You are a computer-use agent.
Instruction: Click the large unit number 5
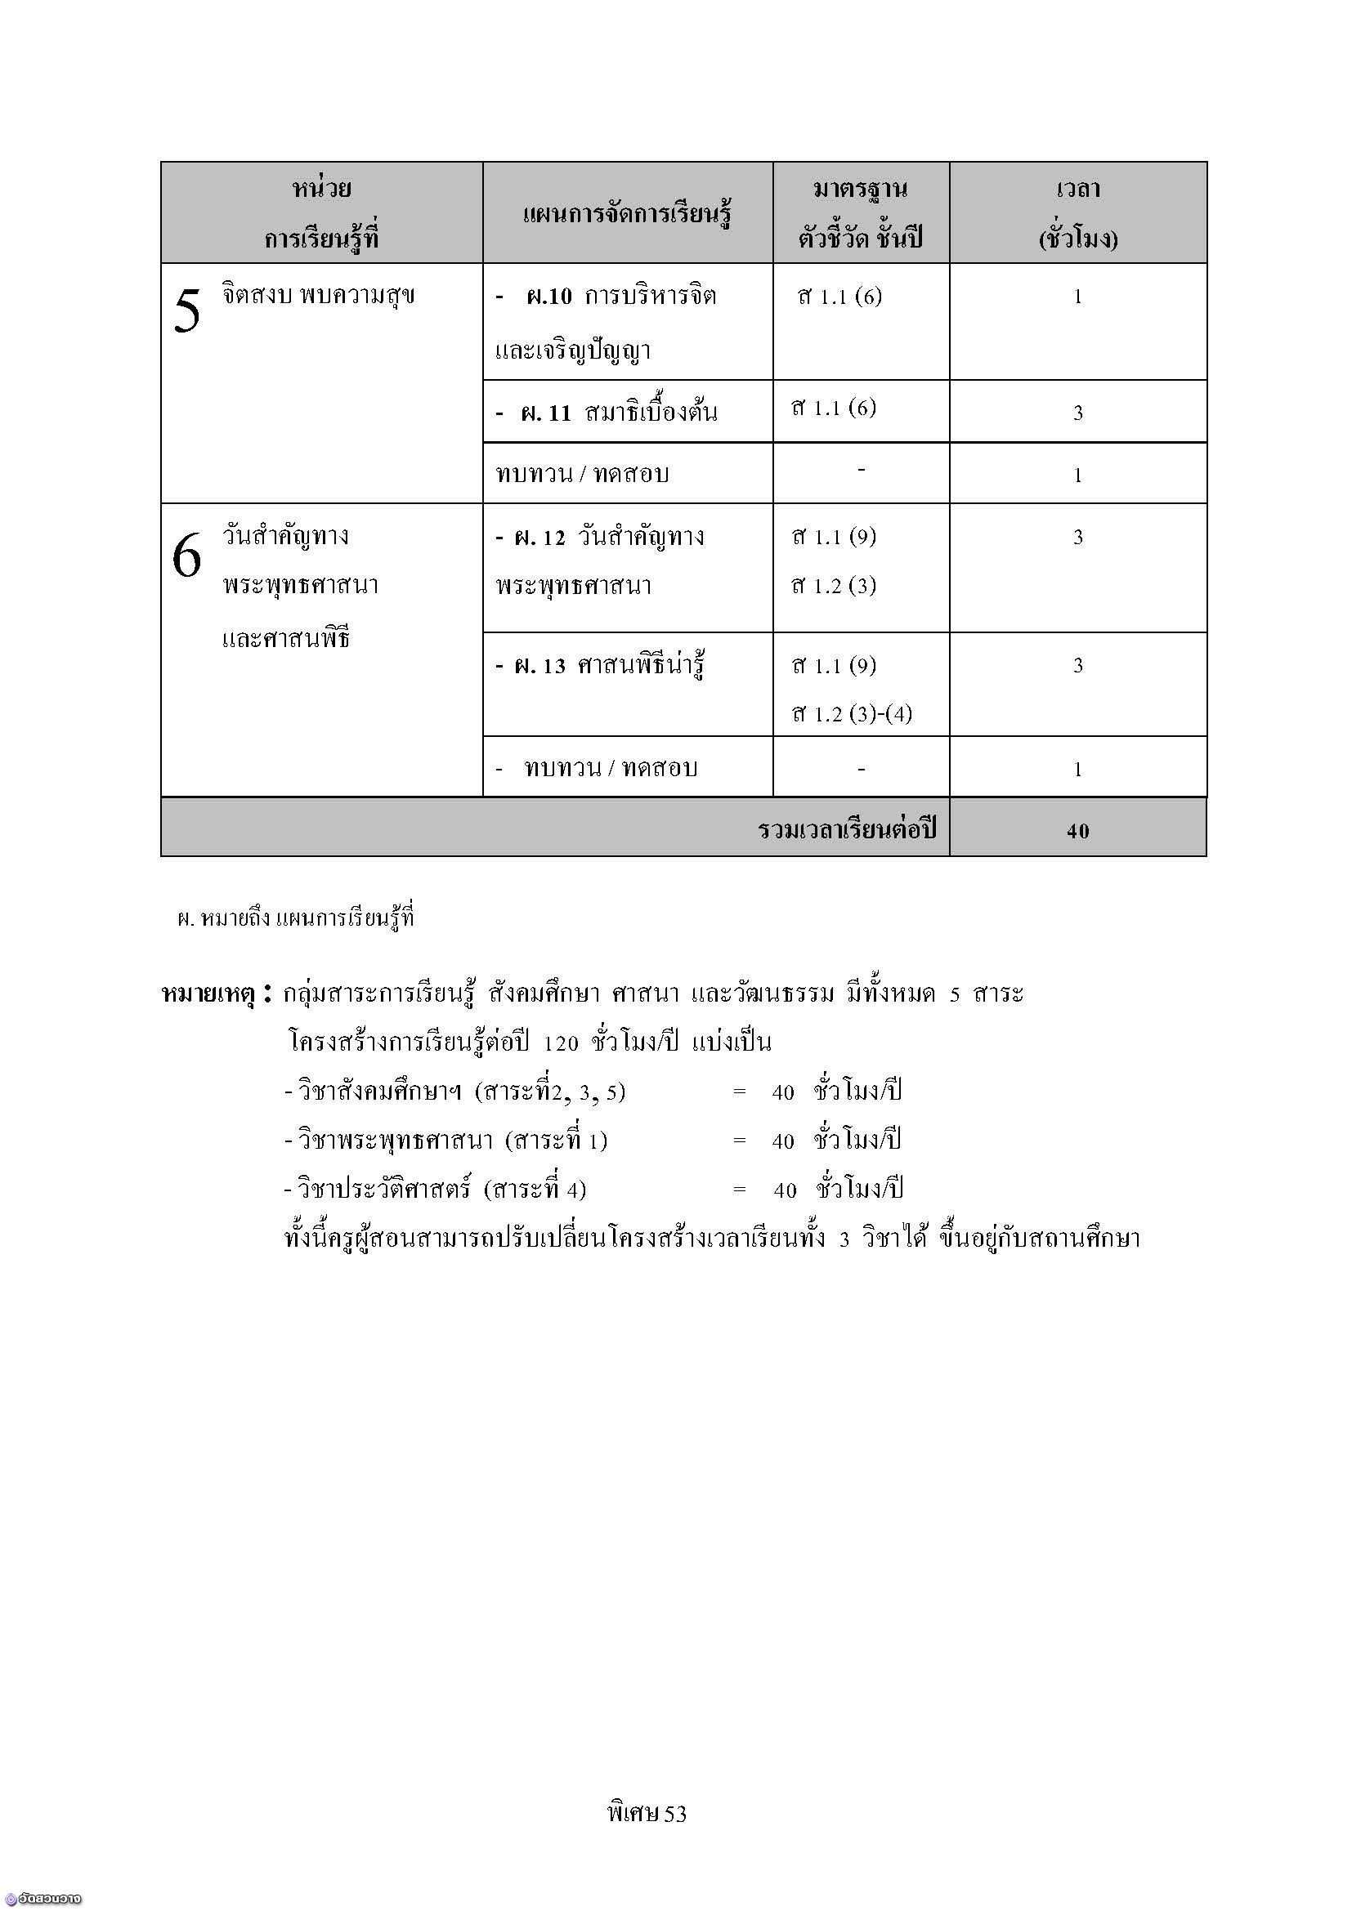coord(187,312)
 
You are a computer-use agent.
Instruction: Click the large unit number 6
coord(186,555)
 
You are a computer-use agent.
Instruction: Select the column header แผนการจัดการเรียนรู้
coord(627,215)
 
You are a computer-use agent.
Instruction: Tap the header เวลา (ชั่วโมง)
coord(1077,214)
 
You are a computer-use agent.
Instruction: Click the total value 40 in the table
coord(1077,831)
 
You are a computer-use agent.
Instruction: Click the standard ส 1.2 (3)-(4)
coord(852,714)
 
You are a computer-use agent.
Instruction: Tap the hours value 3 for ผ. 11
coord(1077,413)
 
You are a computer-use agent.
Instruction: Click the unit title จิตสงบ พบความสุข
coord(318,296)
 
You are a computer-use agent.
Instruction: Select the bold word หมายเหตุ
coord(208,993)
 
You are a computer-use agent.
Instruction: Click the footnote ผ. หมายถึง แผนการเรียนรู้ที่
coord(296,919)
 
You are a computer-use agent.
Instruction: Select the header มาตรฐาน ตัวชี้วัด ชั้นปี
coord(860,214)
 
